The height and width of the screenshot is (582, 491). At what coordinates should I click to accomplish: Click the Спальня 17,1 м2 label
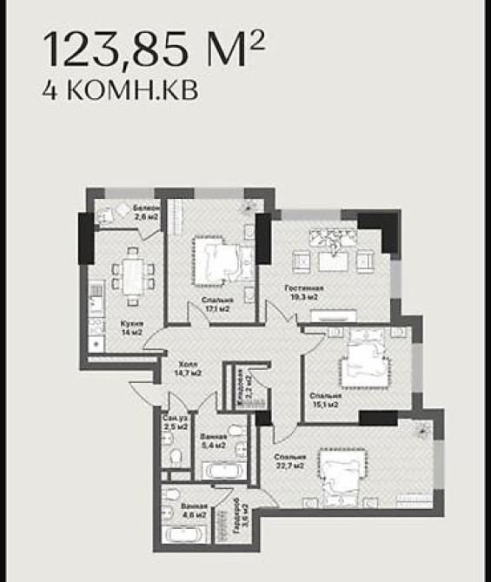[x=216, y=303]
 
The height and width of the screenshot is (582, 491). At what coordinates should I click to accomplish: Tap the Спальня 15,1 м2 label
[x=325, y=400]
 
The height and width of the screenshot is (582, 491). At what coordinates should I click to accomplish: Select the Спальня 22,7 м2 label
[x=289, y=461]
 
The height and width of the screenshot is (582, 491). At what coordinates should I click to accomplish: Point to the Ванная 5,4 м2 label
[x=214, y=441]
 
